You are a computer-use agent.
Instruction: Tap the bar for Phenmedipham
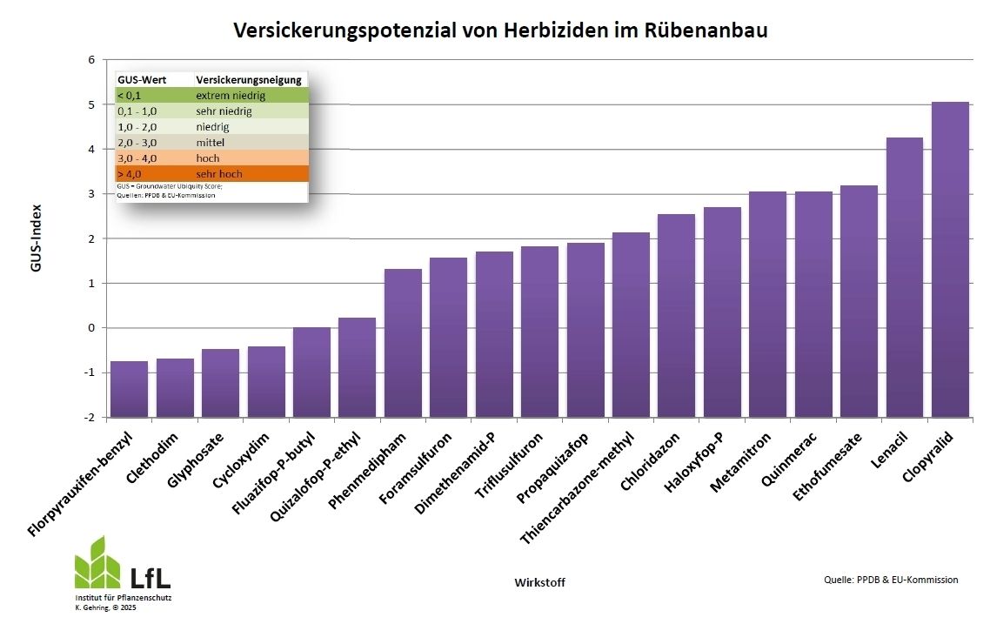coord(403,343)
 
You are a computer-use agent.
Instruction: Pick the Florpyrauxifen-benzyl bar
coord(129,388)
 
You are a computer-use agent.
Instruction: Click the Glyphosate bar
coord(220,382)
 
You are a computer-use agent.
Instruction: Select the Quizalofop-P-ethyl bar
coord(357,366)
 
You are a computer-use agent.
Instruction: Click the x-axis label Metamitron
coord(740,462)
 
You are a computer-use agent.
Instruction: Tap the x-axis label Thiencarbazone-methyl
coord(578,488)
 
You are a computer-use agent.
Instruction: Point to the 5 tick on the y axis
coord(90,104)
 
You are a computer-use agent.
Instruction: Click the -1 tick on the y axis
coord(89,372)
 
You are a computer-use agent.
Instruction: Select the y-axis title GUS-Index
coord(37,238)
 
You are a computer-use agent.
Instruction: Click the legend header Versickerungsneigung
coord(249,80)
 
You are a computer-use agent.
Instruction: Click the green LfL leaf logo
coord(97,563)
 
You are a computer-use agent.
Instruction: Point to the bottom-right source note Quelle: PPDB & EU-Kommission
coord(891,580)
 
